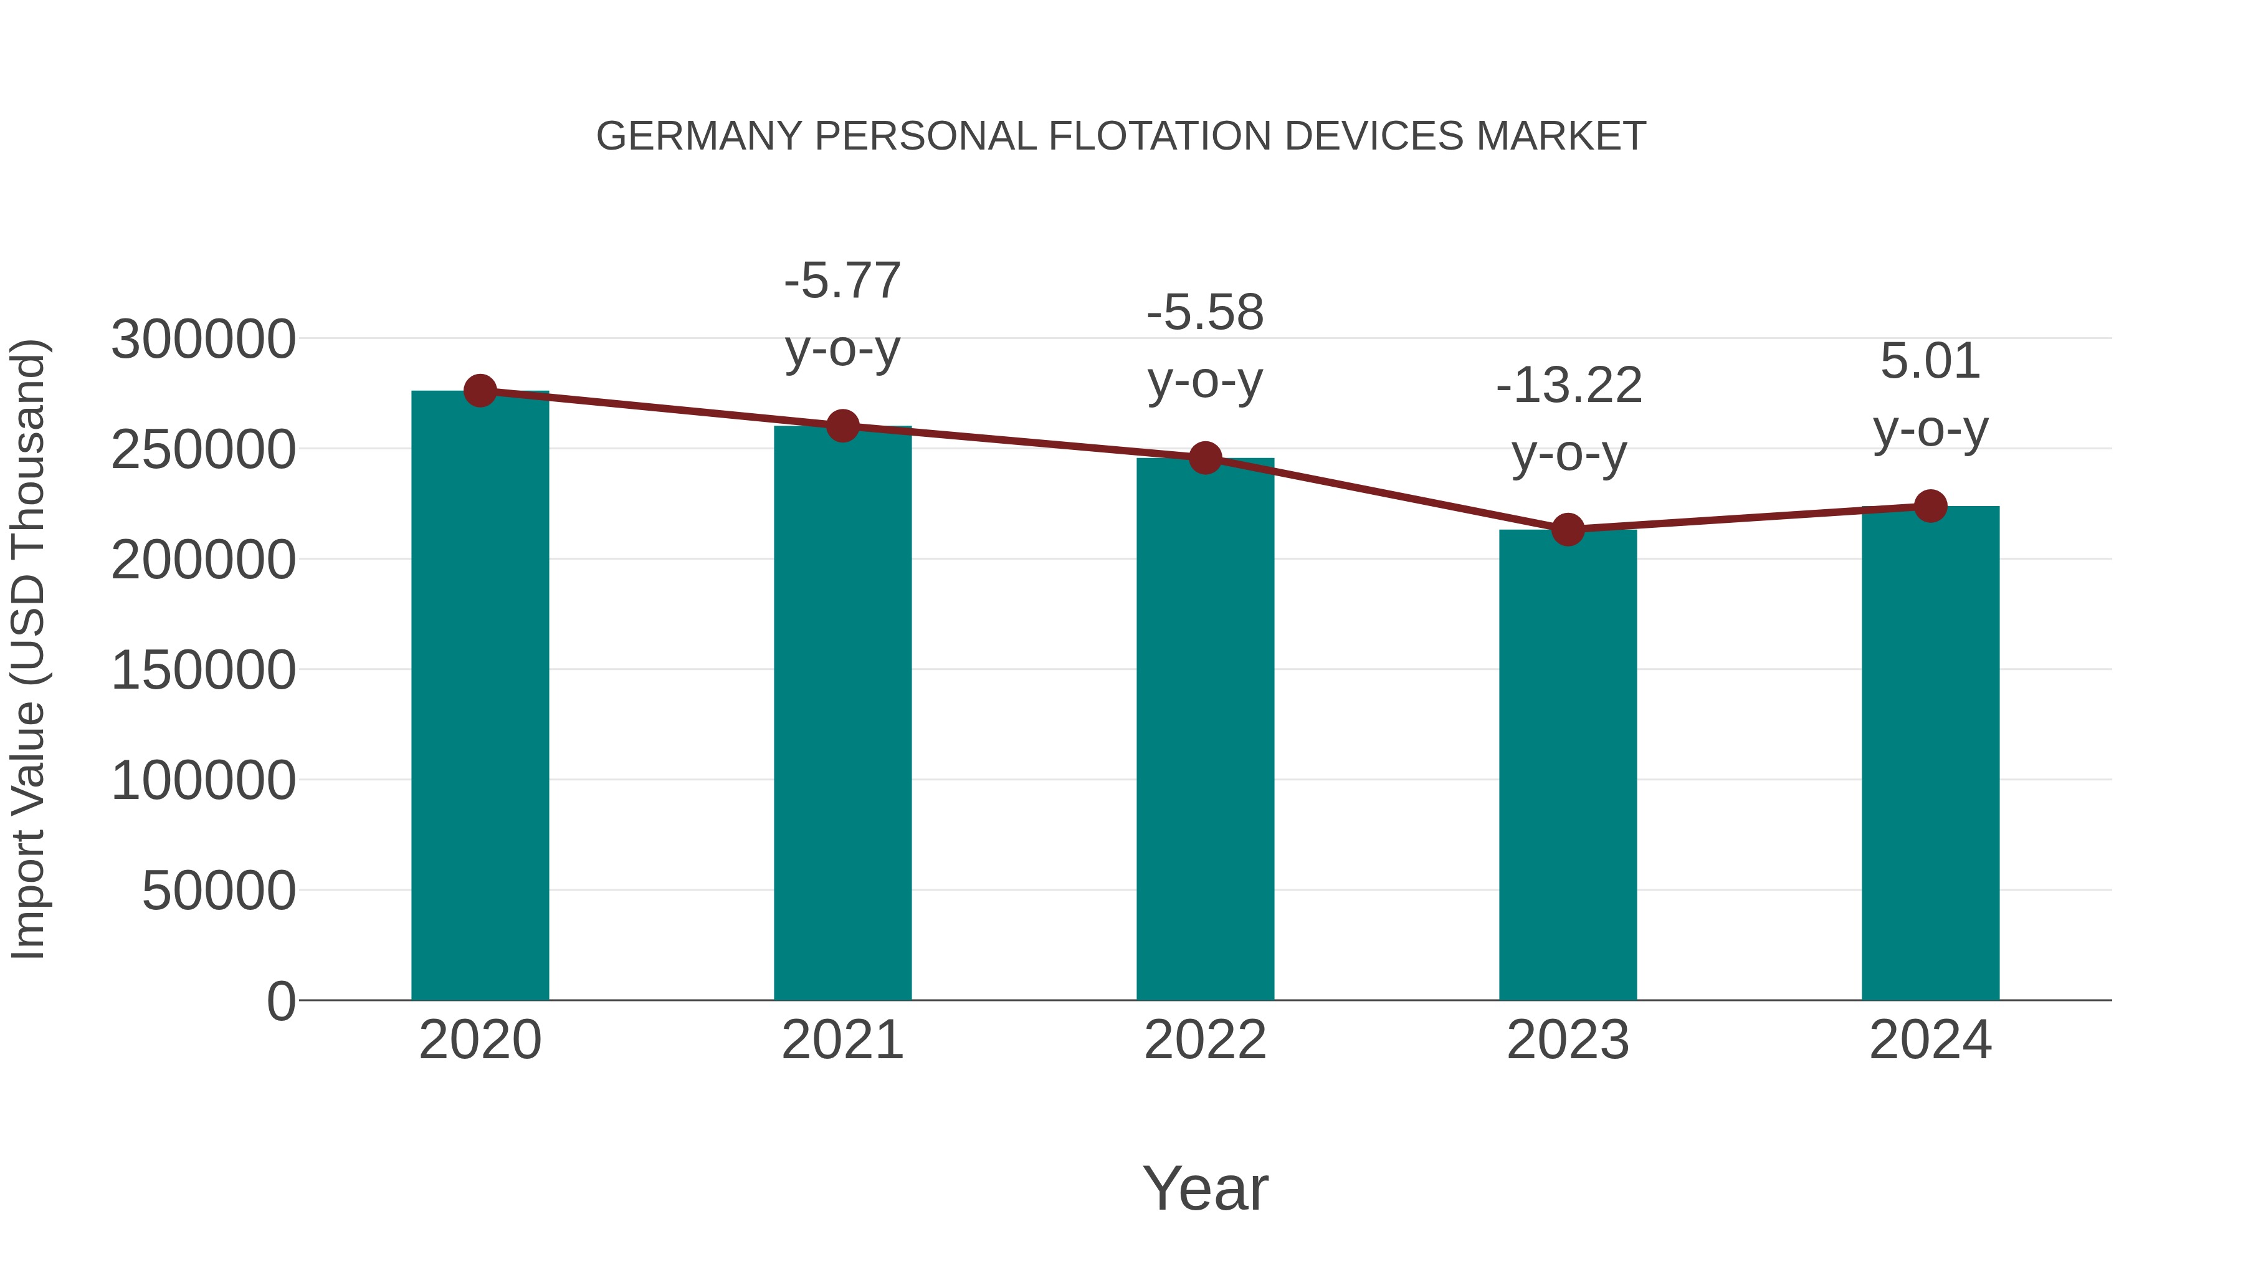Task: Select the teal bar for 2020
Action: click(x=480, y=697)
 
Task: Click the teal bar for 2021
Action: click(x=842, y=714)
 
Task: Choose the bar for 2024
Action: click(x=1930, y=753)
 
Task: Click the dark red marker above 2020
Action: click(x=480, y=391)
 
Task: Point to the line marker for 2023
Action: click(x=1568, y=528)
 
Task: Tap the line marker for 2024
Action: click(x=1930, y=505)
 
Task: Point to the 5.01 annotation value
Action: click(x=1930, y=361)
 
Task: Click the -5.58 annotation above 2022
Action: click(x=1205, y=313)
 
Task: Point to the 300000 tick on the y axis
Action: click(x=203, y=340)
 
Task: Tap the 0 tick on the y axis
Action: click(x=280, y=1001)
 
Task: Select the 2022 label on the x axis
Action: click(x=1205, y=1040)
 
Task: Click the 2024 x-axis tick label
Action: click(x=1930, y=1040)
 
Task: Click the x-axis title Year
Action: click(x=1205, y=1188)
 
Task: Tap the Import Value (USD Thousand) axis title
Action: click(x=28, y=649)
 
